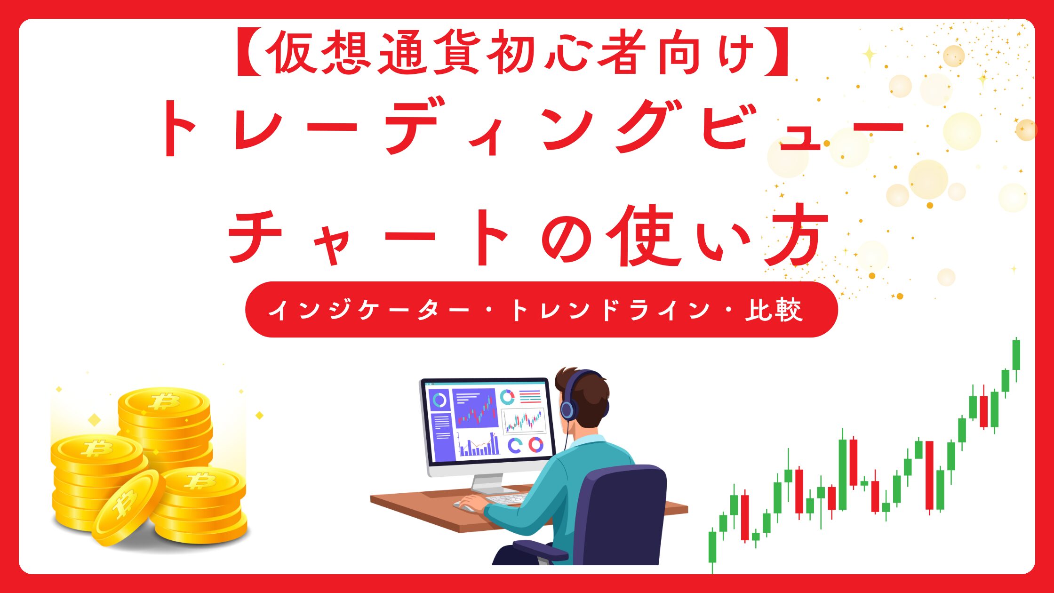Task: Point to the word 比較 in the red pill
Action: coord(774,310)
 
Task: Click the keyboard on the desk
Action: coord(506,498)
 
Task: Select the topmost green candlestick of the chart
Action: coord(1016,355)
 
